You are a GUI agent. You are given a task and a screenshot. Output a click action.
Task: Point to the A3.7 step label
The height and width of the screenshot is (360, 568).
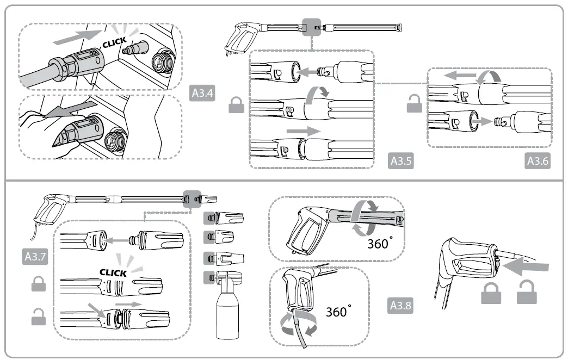tap(35, 256)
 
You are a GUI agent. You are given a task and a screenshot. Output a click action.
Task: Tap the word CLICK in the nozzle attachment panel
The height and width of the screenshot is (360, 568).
tap(113, 272)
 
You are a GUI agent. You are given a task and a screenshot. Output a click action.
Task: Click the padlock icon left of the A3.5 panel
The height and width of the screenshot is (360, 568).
tap(236, 105)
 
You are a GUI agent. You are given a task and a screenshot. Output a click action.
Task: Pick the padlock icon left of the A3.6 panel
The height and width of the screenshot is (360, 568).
tap(415, 105)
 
